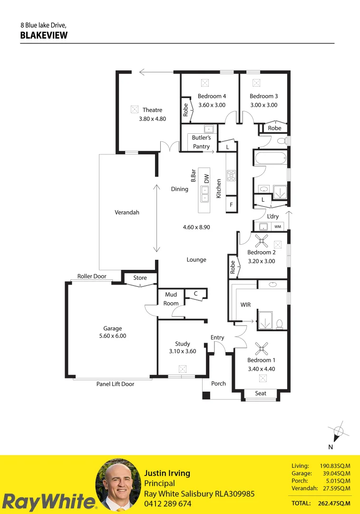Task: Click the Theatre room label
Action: (x=152, y=110)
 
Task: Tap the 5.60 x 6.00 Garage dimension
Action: (x=113, y=336)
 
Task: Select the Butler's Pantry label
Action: (x=201, y=142)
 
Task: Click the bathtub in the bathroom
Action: (x=271, y=158)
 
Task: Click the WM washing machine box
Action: (x=278, y=227)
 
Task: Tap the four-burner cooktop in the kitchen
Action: (x=231, y=175)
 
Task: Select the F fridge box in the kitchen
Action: (x=231, y=205)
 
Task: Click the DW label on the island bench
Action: (x=206, y=179)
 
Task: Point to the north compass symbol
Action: (x=338, y=432)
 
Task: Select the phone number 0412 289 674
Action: (x=168, y=504)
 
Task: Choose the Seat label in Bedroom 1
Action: (x=261, y=394)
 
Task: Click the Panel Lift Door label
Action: (x=115, y=384)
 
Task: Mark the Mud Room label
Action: (x=171, y=299)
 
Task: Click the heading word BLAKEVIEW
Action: (x=44, y=35)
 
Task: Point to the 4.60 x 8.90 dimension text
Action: (x=196, y=227)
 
